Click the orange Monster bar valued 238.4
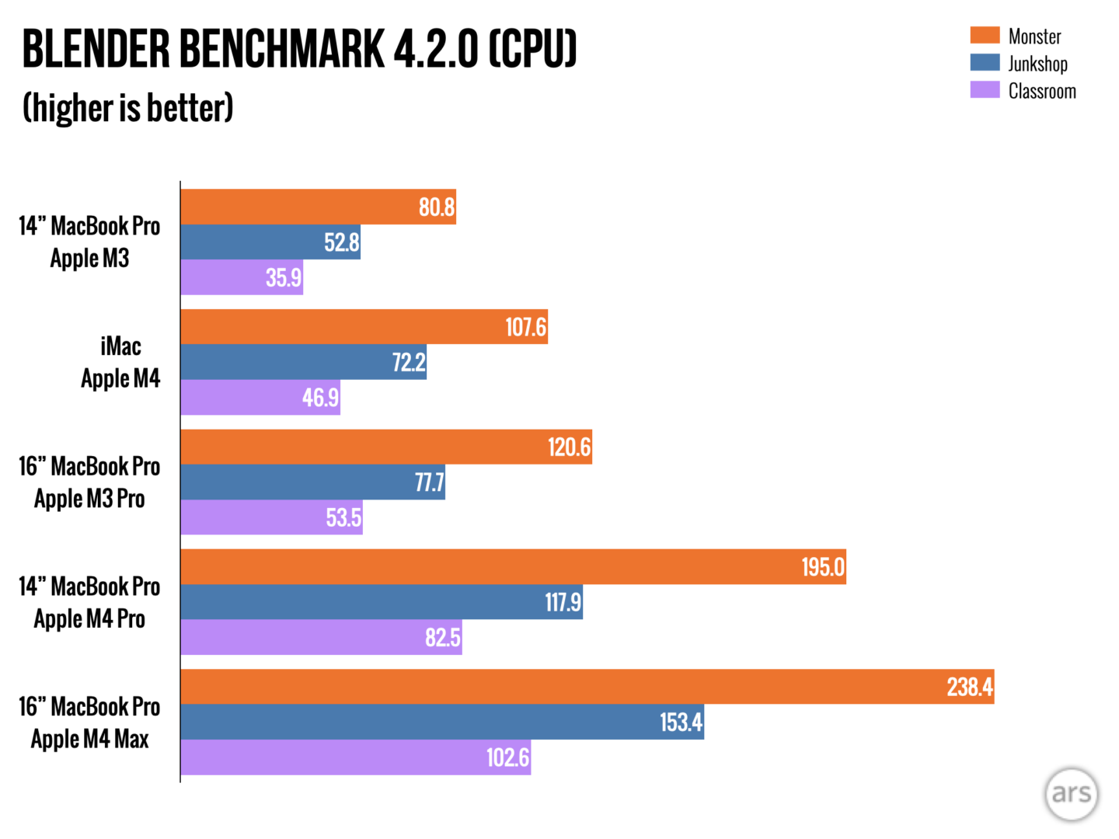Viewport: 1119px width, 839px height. [587, 687]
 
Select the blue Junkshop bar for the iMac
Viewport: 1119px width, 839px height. [303, 362]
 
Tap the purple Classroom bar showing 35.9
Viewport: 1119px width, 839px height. [242, 277]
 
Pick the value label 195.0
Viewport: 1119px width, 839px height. [822, 567]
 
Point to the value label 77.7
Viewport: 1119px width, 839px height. [429, 482]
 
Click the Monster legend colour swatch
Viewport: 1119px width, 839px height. [985, 36]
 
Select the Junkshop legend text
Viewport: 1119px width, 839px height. [1037, 64]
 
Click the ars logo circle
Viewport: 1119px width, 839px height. [1072, 793]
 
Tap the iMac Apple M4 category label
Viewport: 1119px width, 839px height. [120, 362]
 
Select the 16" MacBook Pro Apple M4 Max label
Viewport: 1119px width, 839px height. [89, 722]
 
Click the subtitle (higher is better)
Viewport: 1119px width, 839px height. [128, 108]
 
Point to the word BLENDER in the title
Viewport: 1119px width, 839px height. [96, 49]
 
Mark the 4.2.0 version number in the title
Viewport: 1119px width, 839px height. [436, 49]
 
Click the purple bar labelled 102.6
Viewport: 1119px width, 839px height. [355, 757]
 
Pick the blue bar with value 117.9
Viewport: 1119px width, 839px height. [381, 602]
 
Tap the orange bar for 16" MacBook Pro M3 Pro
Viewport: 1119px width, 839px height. [385, 447]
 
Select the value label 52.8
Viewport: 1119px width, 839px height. [341, 242]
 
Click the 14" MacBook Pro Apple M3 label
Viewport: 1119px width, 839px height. [89, 242]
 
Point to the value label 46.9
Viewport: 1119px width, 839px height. [320, 398]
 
